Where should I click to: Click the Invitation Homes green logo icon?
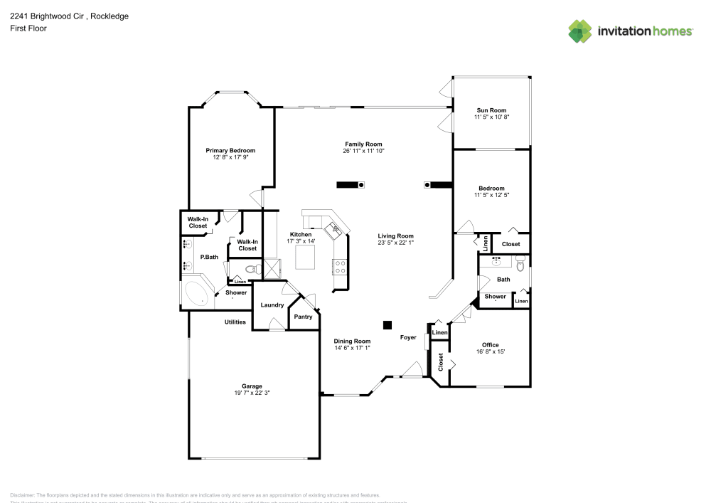coord(579,31)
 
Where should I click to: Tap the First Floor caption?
coord(28,28)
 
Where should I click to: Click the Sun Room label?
coord(491,110)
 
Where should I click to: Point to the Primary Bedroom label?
coord(230,150)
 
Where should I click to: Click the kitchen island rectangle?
coord(306,255)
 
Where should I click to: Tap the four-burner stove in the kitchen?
coord(340,266)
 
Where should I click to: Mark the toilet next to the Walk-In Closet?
coord(250,269)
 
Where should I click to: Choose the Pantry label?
coord(303,317)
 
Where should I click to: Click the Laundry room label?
coord(272,305)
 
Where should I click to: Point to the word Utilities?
coord(235,322)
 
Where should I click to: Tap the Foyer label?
coord(408,337)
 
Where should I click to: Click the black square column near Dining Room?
coord(387,325)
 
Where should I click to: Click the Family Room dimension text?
coord(363,151)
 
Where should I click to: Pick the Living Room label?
coord(395,235)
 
